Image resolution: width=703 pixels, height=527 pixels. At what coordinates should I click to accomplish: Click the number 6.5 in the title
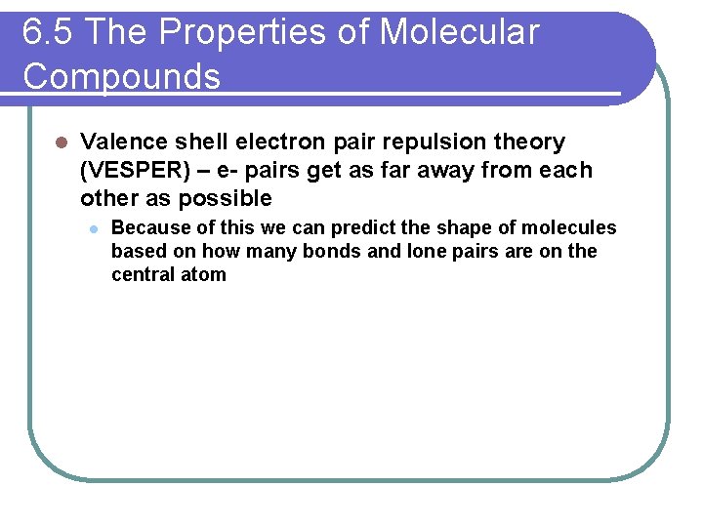pyautogui.click(x=48, y=33)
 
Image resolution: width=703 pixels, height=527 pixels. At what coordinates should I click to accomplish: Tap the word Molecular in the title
pyautogui.click(x=459, y=33)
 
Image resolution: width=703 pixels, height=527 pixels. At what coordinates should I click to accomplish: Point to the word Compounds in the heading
pyautogui.click(x=122, y=76)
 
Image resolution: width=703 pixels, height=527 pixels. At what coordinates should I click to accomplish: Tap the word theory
pyautogui.click(x=531, y=142)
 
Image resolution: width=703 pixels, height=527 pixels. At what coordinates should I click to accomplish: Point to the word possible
pyautogui.click(x=231, y=199)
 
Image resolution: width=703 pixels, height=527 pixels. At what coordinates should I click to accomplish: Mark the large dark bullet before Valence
pyautogui.click(x=60, y=142)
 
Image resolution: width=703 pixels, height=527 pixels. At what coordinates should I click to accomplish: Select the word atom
pyautogui.click(x=205, y=275)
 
